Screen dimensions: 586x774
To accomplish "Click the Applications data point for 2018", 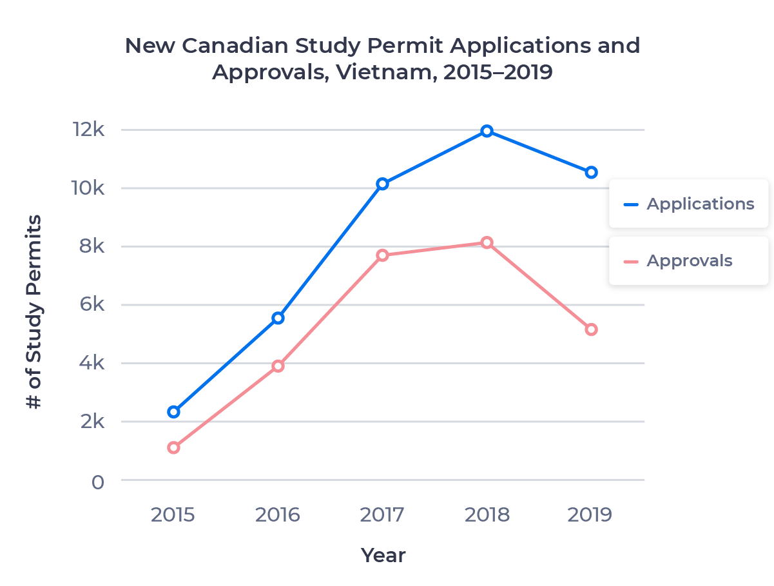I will [x=487, y=131].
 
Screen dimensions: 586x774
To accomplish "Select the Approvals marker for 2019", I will [x=591, y=329].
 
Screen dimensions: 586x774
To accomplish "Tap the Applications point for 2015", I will [x=173, y=412].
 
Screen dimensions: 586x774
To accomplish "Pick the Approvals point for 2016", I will [x=278, y=366].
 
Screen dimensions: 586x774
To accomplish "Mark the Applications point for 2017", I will [x=382, y=184].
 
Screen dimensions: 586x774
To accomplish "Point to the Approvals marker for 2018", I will [x=487, y=242].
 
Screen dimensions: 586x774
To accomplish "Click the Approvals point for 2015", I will [x=173, y=447].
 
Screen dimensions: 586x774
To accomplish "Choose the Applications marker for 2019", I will [x=591, y=172].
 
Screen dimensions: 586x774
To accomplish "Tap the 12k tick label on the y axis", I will [x=88, y=130].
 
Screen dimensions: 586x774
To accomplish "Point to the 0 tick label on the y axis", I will [x=97, y=482].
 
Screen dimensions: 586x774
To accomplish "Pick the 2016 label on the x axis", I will [x=278, y=516].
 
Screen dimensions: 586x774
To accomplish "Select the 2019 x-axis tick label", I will [x=590, y=516].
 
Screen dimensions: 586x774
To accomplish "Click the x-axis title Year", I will [x=383, y=555].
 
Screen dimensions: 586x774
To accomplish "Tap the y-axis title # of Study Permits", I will [x=34, y=312].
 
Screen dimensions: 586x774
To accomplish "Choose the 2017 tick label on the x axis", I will [x=382, y=516].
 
